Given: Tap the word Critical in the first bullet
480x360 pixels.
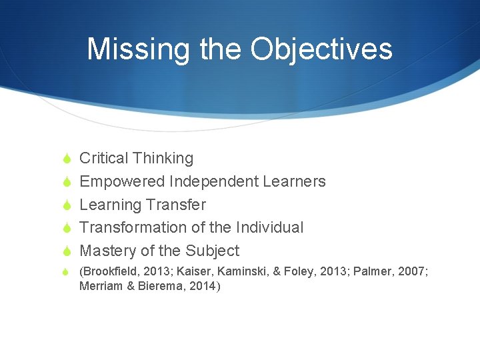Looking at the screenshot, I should pos(103,158).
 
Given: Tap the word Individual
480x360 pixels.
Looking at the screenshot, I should pos(270,227).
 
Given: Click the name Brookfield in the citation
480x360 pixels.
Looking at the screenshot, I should pos(110,272).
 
